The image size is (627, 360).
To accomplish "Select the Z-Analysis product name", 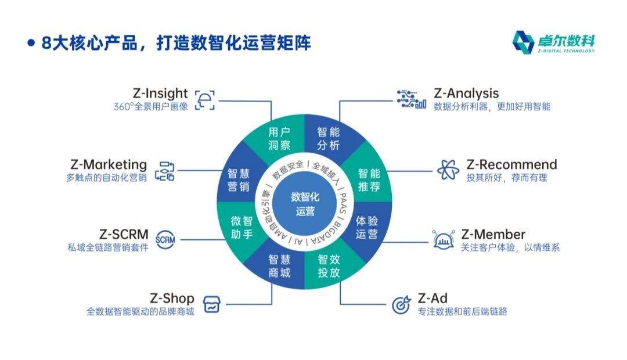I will pyautogui.click(x=466, y=93).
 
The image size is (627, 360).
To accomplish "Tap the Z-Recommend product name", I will pyautogui.click(x=511, y=164).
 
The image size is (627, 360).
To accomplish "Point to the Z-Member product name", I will pyautogui.click(x=493, y=235).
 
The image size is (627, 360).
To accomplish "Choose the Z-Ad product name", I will pyautogui.click(x=433, y=298).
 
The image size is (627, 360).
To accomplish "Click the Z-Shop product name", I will pyautogui.click(x=172, y=299).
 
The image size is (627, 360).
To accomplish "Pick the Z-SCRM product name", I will pyautogui.click(x=124, y=235).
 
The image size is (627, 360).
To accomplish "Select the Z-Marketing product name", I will pyautogui.click(x=109, y=164).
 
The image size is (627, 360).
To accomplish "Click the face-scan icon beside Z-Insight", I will pyautogui.click(x=204, y=100).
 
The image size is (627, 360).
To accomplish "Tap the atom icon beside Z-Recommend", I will pyautogui.click(x=448, y=170).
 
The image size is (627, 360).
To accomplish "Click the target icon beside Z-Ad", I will pyautogui.click(x=401, y=304).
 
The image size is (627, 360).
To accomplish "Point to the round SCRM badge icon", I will pyautogui.click(x=165, y=239).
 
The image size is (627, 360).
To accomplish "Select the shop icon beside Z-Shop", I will pyautogui.click(x=212, y=304).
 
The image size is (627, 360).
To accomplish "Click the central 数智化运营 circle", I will pyautogui.click(x=305, y=204).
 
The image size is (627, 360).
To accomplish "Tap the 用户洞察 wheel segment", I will pyautogui.click(x=279, y=138).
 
